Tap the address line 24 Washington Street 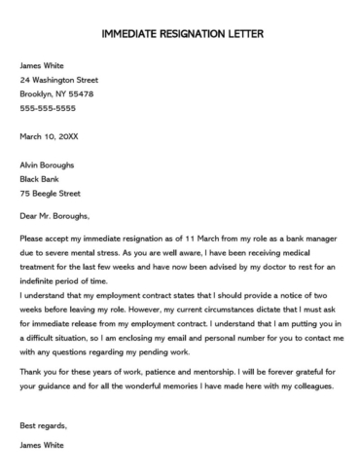pyautogui.click(x=58, y=80)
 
